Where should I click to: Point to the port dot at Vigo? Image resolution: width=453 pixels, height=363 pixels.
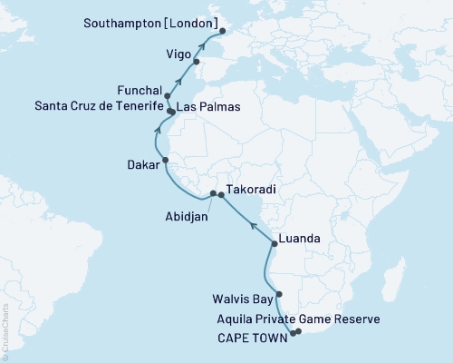tap(196, 63)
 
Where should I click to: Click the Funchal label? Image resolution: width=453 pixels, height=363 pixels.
tap(140, 92)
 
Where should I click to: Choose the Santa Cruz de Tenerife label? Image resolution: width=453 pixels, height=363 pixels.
tap(86, 107)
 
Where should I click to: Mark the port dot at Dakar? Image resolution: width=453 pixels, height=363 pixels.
tap(165, 161)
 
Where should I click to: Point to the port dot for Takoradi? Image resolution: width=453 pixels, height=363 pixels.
tap(221, 194)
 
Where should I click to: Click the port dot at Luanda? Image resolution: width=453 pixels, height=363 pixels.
tap(275, 244)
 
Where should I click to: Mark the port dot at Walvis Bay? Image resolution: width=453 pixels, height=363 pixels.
tap(279, 294)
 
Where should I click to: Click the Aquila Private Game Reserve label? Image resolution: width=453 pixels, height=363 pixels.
tap(293, 319)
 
